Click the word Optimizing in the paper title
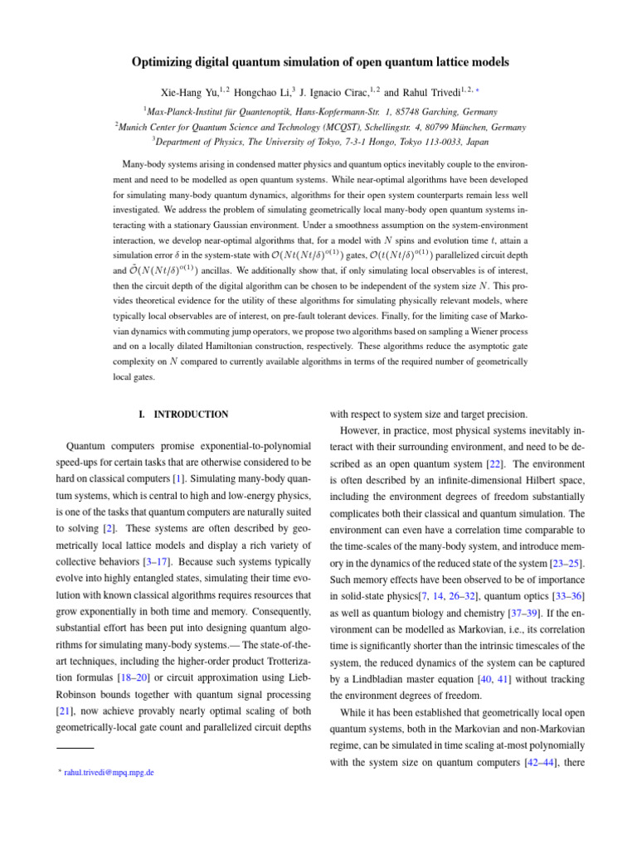point(163,62)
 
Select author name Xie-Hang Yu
point(188,92)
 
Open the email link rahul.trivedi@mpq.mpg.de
point(108,773)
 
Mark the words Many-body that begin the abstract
point(152,164)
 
